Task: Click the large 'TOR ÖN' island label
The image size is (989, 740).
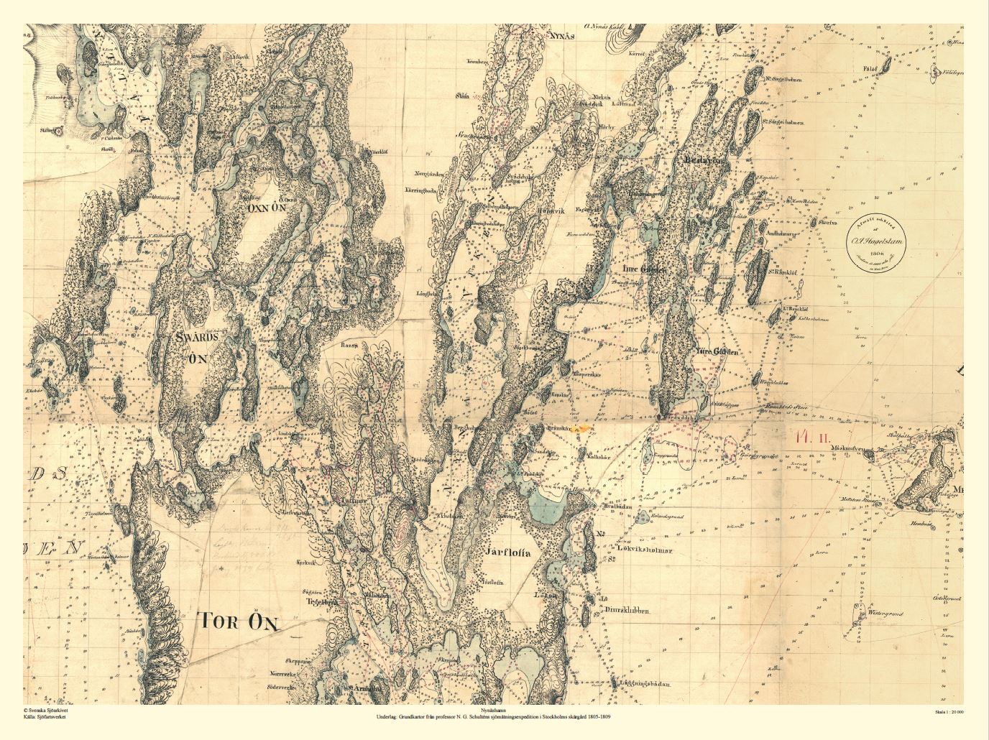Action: click(237, 621)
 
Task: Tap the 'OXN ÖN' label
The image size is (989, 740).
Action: click(267, 208)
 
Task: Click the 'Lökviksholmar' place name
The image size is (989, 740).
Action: click(644, 550)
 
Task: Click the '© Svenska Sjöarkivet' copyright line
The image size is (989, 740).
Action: click(47, 709)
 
